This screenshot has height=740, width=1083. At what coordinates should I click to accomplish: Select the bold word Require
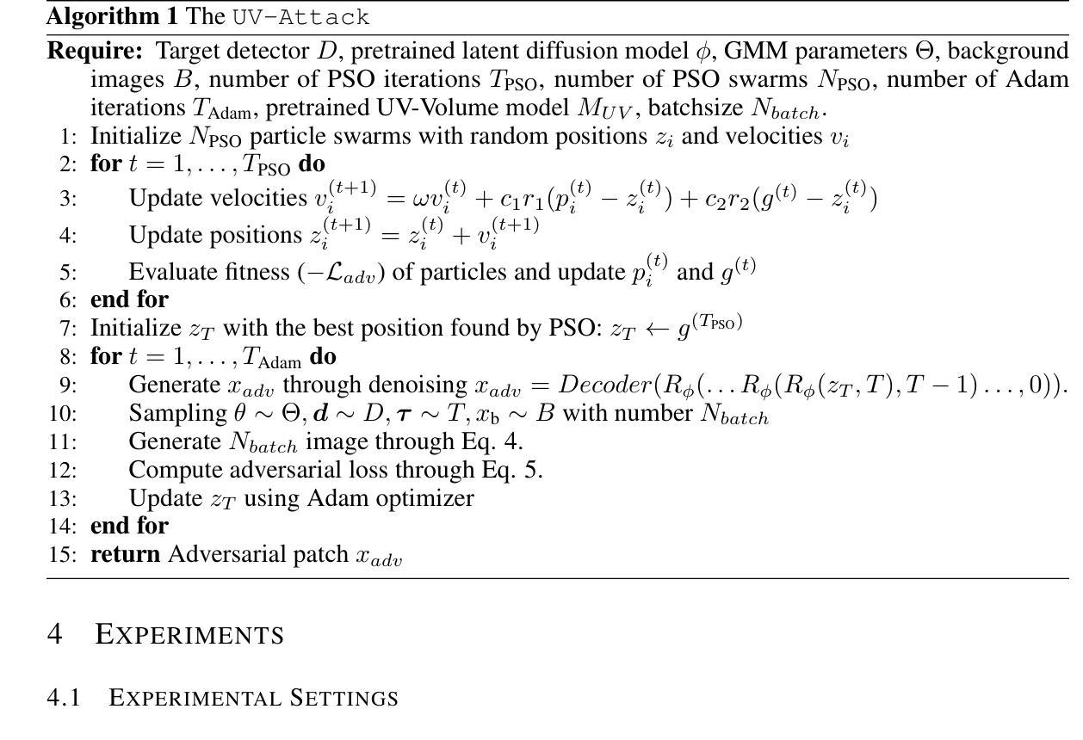(x=94, y=51)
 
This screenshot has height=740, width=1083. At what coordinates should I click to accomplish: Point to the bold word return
(x=126, y=554)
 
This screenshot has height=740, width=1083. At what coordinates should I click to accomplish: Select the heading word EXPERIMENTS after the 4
(x=189, y=634)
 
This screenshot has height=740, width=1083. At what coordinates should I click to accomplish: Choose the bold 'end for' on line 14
(x=129, y=526)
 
